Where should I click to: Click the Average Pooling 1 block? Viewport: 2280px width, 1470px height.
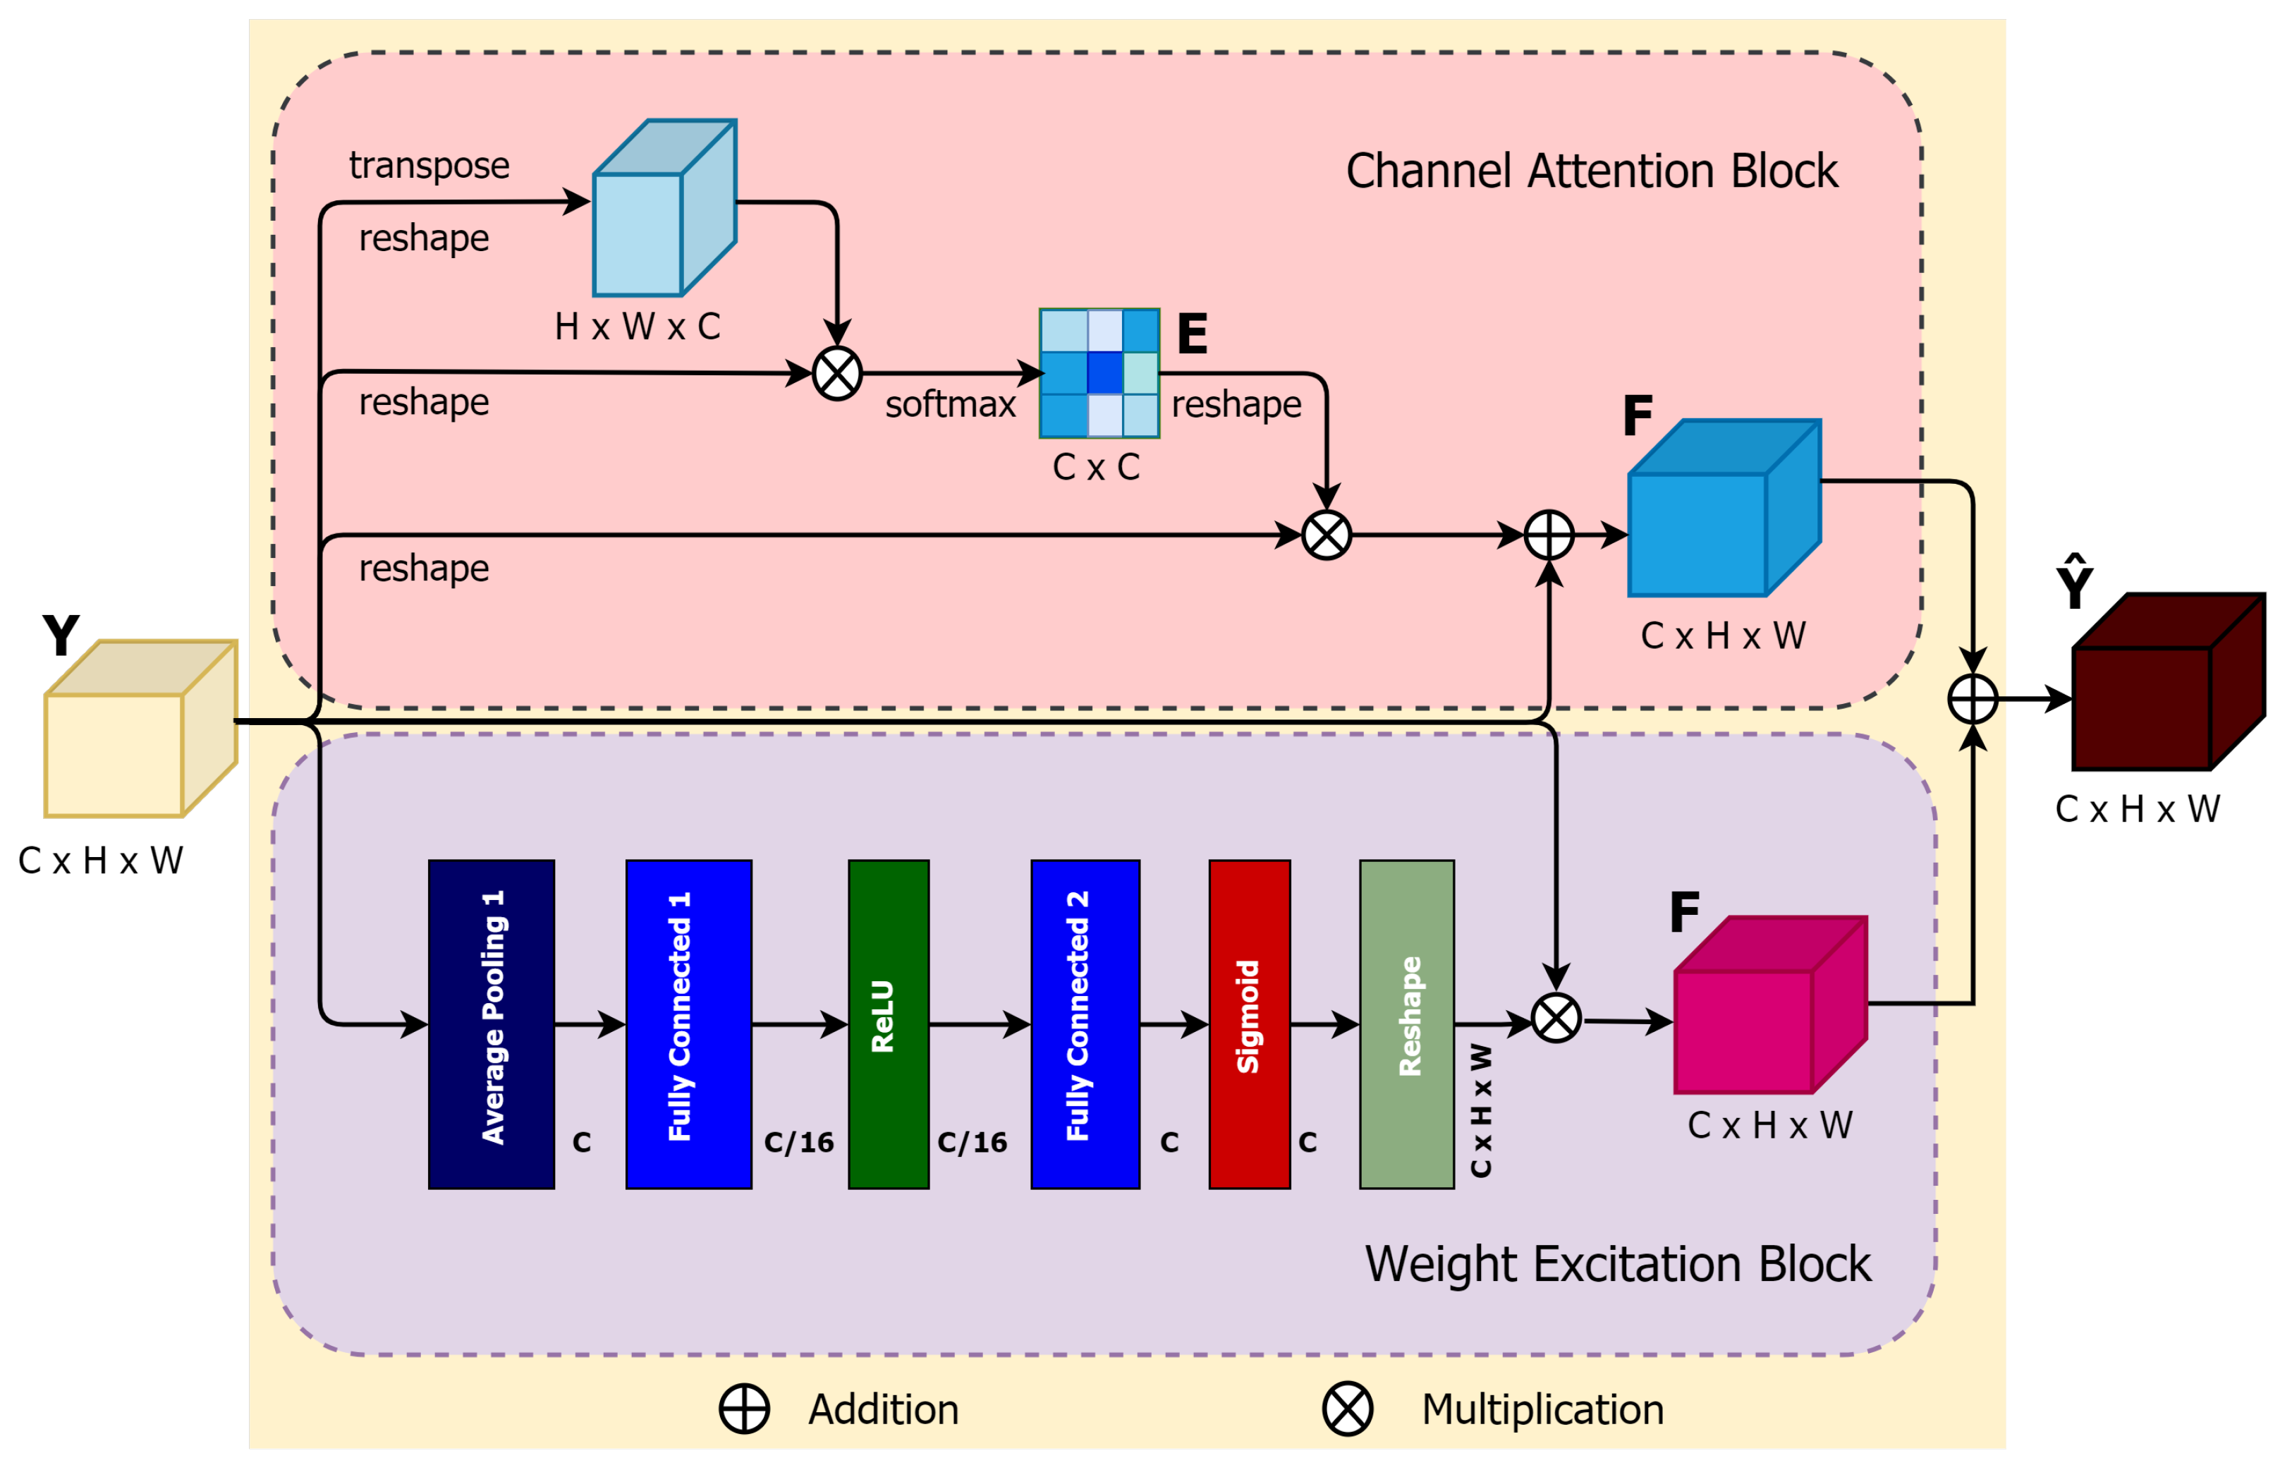492,1024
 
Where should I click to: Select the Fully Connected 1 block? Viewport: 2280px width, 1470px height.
688,1024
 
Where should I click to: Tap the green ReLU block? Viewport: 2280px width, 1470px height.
888,1024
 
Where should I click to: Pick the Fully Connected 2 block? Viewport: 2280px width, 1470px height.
1085,1024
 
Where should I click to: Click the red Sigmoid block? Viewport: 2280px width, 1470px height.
1248,1024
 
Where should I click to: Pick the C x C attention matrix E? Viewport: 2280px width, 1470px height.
1099,373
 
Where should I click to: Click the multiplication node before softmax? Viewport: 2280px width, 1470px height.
837,373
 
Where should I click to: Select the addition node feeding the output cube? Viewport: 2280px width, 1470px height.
1972,699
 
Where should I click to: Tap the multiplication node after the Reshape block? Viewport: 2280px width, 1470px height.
1556,1019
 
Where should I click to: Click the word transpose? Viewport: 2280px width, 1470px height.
429,165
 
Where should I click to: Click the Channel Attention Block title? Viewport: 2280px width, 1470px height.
1591,172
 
